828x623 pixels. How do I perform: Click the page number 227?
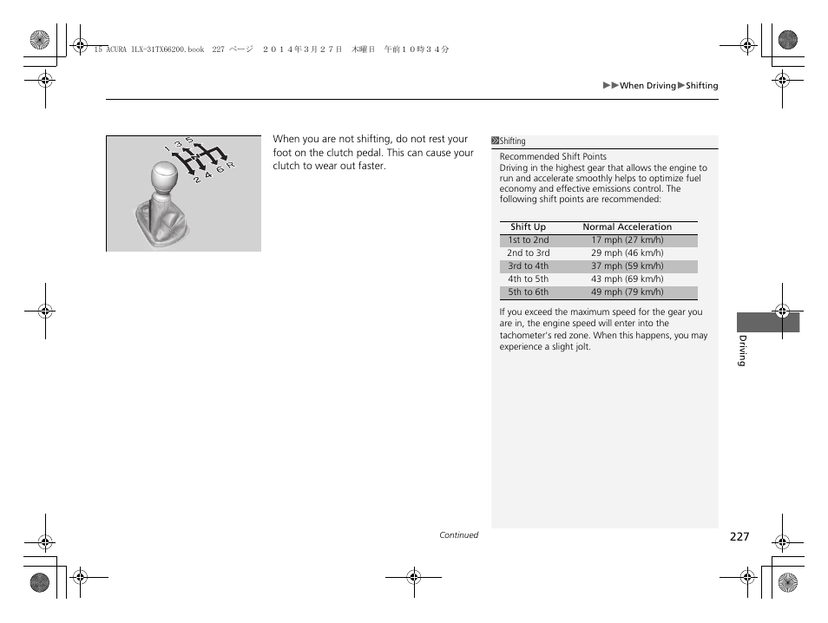739,537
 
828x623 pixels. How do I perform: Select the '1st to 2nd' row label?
529,240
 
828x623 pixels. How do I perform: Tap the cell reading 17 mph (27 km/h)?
627,240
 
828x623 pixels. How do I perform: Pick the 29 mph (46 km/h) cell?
627,253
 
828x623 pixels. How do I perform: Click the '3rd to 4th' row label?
529,266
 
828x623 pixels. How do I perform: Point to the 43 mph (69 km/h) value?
627,279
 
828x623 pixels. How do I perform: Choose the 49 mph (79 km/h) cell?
627,292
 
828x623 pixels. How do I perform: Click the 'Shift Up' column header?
528,227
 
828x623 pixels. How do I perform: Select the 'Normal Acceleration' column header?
627,227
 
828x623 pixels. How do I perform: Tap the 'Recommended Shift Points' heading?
553,157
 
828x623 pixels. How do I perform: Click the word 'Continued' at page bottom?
458,535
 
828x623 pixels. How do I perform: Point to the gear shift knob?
167,178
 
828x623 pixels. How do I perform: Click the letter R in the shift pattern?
231,165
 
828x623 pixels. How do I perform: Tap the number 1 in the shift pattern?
167,148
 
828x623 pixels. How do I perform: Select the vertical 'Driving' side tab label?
742,350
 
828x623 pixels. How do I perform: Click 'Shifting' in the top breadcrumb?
702,86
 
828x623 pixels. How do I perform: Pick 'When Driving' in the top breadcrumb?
647,86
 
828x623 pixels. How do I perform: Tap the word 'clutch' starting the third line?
286,167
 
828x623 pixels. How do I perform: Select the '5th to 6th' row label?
529,292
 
